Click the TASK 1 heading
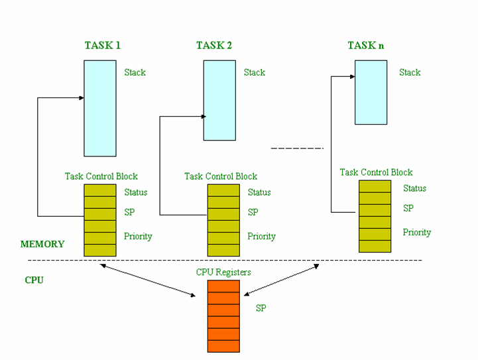pyautogui.click(x=102, y=46)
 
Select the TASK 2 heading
pyautogui.click(x=214, y=46)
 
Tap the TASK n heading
pyautogui.click(x=367, y=46)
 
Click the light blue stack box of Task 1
pyautogui.click(x=100, y=108)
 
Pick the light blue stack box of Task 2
pyautogui.click(x=219, y=100)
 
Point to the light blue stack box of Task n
pyautogui.click(x=371, y=92)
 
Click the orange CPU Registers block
pyautogui.click(x=223, y=316)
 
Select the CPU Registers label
pyautogui.click(x=223, y=272)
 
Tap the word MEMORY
pyautogui.click(x=42, y=244)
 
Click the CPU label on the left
pyautogui.click(x=34, y=280)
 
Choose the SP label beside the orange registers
pyautogui.click(x=261, y=308)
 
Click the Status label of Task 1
pyautogui.click(x=135, y=192)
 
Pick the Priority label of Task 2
pyautogui.click(x=262, y=236)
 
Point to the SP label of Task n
pyautogui.click(x=408, y=208)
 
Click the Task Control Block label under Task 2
pyautogui.click(x=221, y=176)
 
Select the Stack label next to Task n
pyautogui.click(x=410, y=72)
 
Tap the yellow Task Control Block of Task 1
pyautogui.click(x=100, y=220)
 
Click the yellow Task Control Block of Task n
pyautogui.click(x=375, y=216)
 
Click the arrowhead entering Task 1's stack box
pyautogui.click(x=81, y=98)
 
